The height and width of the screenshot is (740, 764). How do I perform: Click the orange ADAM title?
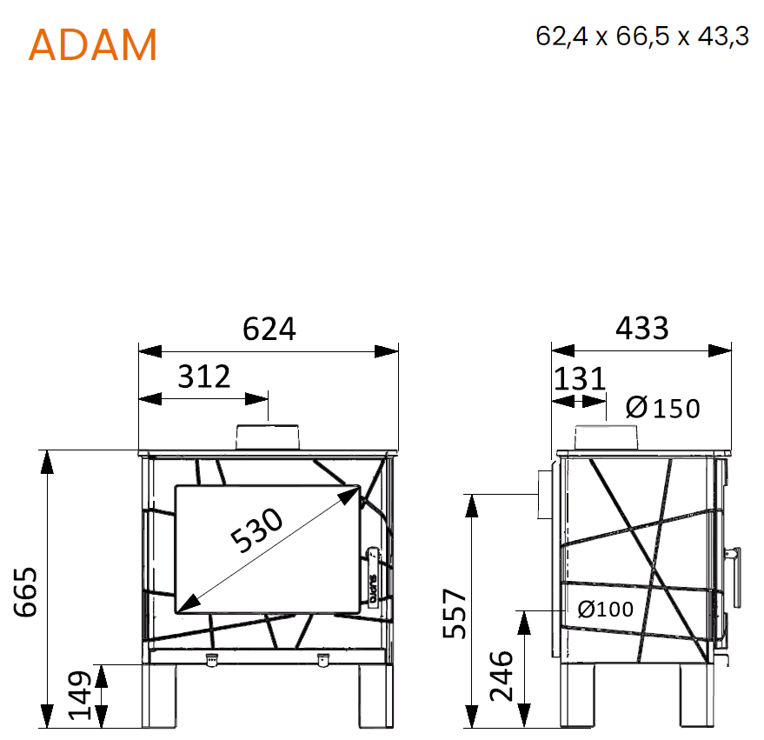tap(93, 45)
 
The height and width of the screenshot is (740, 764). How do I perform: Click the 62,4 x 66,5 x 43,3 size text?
tap(641, 36)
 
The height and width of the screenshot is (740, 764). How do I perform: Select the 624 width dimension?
tap(269, 329)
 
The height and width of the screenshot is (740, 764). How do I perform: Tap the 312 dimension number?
tap(203, 377)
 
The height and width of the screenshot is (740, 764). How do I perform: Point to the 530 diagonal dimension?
tap(256, 530)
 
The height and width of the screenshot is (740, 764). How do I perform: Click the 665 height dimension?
tap(25, 592)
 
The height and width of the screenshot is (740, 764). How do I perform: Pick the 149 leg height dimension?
tap(79, 696)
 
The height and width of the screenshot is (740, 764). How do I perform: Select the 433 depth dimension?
tap(641, 328)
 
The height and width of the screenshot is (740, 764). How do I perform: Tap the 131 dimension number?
tap(580, 379)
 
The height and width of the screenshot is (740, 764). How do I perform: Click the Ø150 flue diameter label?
tap(662, 408)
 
